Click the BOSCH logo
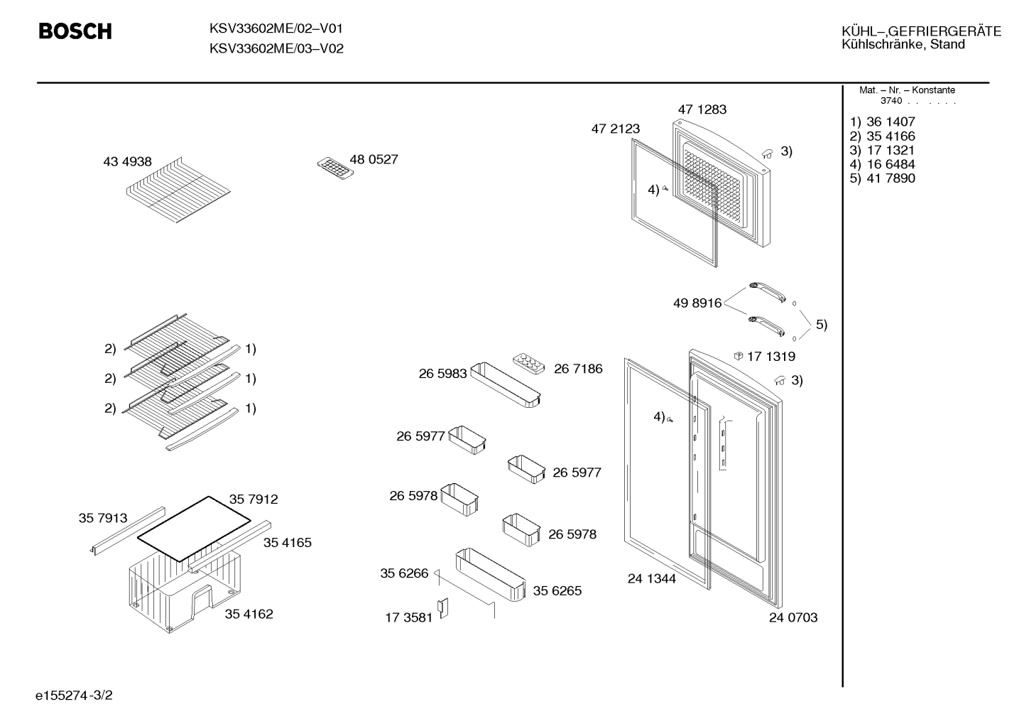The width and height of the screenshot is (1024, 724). [x=75, y=31]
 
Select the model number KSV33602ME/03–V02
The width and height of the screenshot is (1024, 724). [x=276, y=48]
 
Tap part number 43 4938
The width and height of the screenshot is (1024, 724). [x=127, y=161]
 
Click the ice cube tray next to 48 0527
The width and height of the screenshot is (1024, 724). [x=336, y=168]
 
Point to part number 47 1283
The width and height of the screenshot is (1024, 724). [x=702, y=109]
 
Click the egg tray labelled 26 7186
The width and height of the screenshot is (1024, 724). [x=528, y=364]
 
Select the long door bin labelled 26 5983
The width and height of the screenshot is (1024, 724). [x=505, y=384]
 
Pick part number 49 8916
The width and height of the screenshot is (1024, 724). [x=697, y=303]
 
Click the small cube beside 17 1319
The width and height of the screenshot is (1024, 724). [x=738, y=356]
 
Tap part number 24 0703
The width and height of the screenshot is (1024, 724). [x=793, y=617]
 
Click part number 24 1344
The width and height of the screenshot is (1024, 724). [x=651, y=578]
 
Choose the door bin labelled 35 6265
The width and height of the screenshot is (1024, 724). [x=491, y=575]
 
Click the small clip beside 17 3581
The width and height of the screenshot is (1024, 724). [x=443, y=608]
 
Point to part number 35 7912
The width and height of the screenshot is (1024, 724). [x=254, y=499]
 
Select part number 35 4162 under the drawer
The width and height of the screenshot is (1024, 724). [x=249, y=614]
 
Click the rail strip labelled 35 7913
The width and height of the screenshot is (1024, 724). [x=127, y=531]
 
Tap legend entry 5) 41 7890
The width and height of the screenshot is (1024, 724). [x=882, y=178]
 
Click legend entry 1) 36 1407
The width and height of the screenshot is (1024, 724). [x=882, y=121]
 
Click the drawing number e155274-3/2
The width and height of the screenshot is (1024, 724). [x=74, y=695]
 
